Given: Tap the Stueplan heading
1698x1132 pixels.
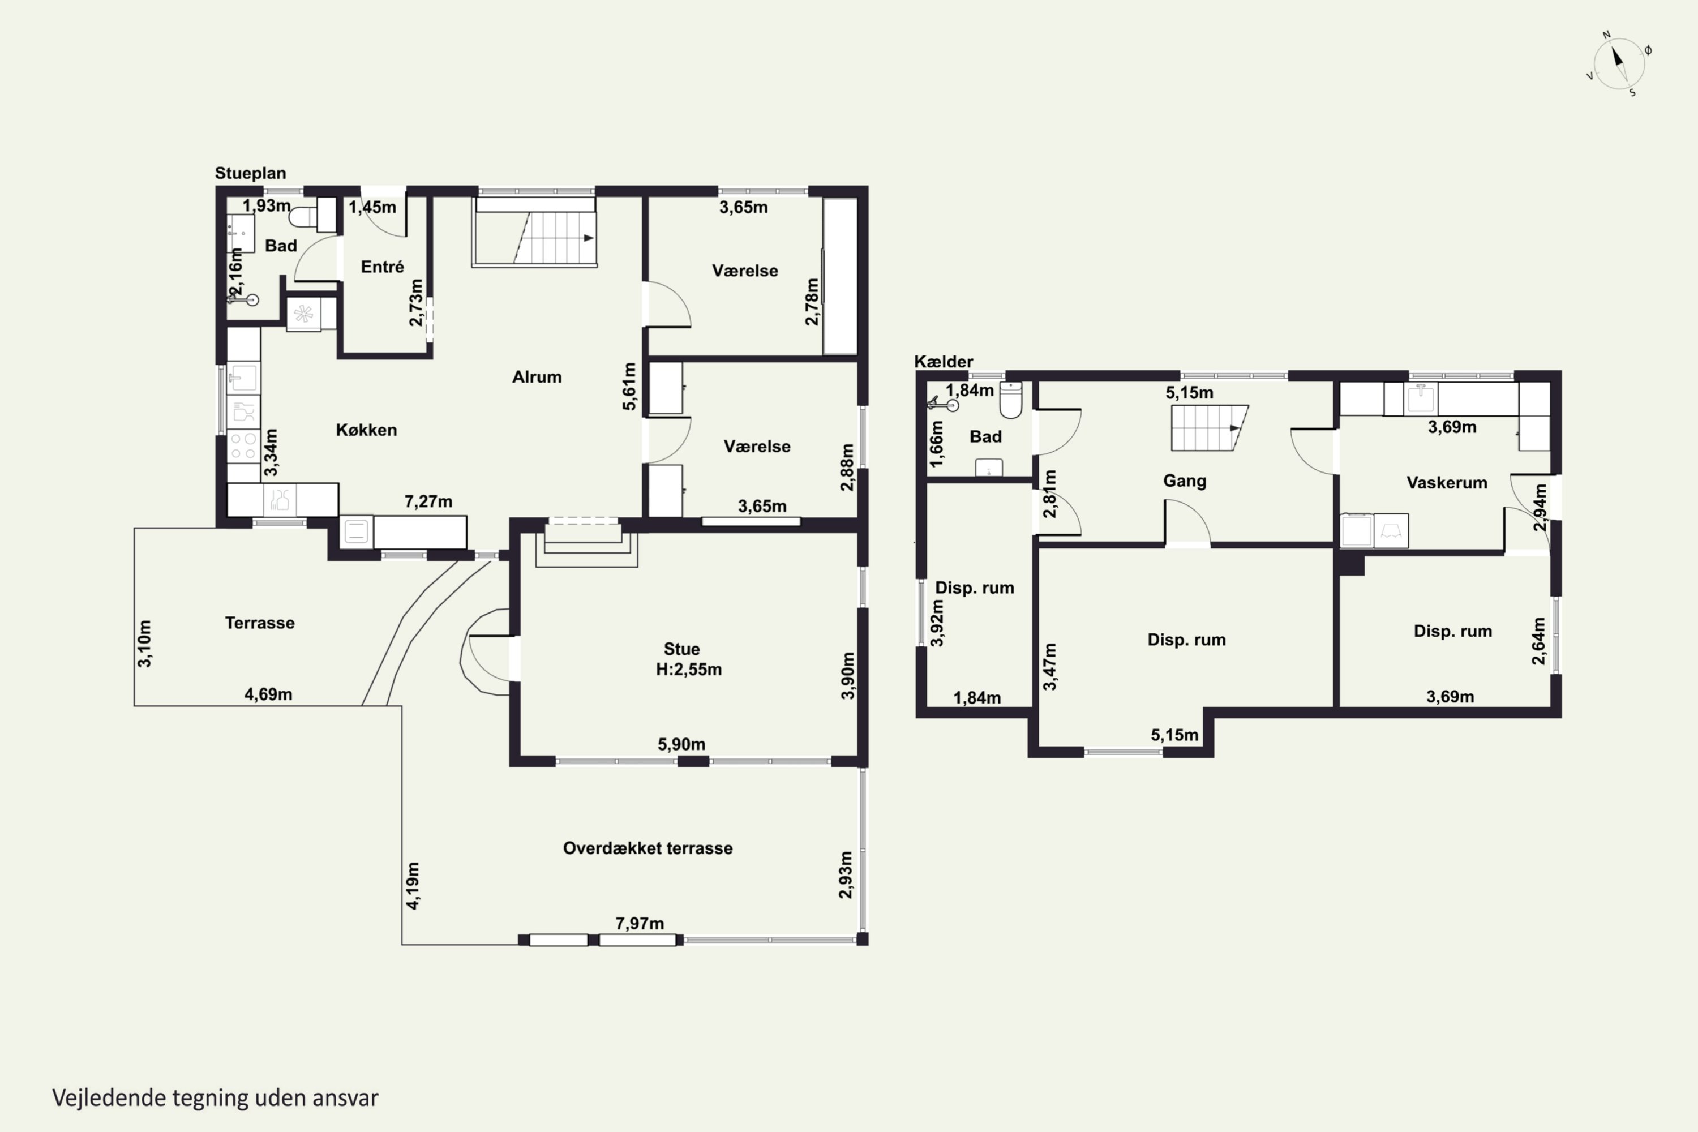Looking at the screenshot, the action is (251, 173).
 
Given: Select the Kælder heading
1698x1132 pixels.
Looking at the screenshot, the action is (944, 361).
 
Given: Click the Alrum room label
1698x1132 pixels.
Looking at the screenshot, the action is (537, 376).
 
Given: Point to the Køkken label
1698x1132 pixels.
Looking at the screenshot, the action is (366, 430).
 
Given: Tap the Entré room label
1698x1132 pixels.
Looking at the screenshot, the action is (382, 267).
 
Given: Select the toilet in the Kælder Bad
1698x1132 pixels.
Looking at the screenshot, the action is (1011, 401).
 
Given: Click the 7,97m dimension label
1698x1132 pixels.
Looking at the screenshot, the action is (639, 923).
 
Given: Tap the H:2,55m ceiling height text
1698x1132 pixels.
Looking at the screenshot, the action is (688, 669).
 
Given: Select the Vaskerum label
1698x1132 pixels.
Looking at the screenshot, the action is (1447, 482).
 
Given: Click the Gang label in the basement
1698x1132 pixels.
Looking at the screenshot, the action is (1184, 480).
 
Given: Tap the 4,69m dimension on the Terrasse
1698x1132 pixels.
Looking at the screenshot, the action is (268, 694).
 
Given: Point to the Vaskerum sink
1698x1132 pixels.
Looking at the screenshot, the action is (1420, 398).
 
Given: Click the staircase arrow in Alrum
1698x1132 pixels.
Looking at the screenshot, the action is (589, 238).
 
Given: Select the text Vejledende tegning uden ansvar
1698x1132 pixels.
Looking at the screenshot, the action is (215, 1097).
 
